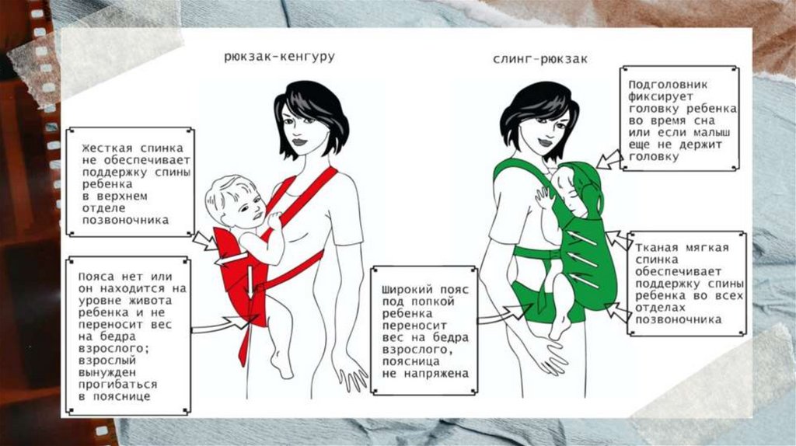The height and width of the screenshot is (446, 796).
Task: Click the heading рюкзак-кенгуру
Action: (x=279, y=56)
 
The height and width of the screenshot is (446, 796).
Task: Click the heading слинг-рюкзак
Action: (x=540, y=59)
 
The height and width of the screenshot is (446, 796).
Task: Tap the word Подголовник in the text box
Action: (x=668, y=85)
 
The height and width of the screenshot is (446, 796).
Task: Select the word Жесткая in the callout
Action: (x=106, y=148)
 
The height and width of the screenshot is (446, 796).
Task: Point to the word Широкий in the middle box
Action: (x=407, y=291)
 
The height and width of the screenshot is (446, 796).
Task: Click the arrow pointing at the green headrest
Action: (x=609, y=159)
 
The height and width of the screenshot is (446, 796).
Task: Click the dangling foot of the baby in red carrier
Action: (x=281, y=364)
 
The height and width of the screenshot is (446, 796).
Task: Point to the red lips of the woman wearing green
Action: (x=544, y=142)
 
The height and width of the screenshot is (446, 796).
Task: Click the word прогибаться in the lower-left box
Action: (x=118, y=385)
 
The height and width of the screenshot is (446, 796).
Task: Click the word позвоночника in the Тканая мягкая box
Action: (x=678, y=320)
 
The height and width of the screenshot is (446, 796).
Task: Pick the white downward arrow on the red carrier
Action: (x=250, y=282)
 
